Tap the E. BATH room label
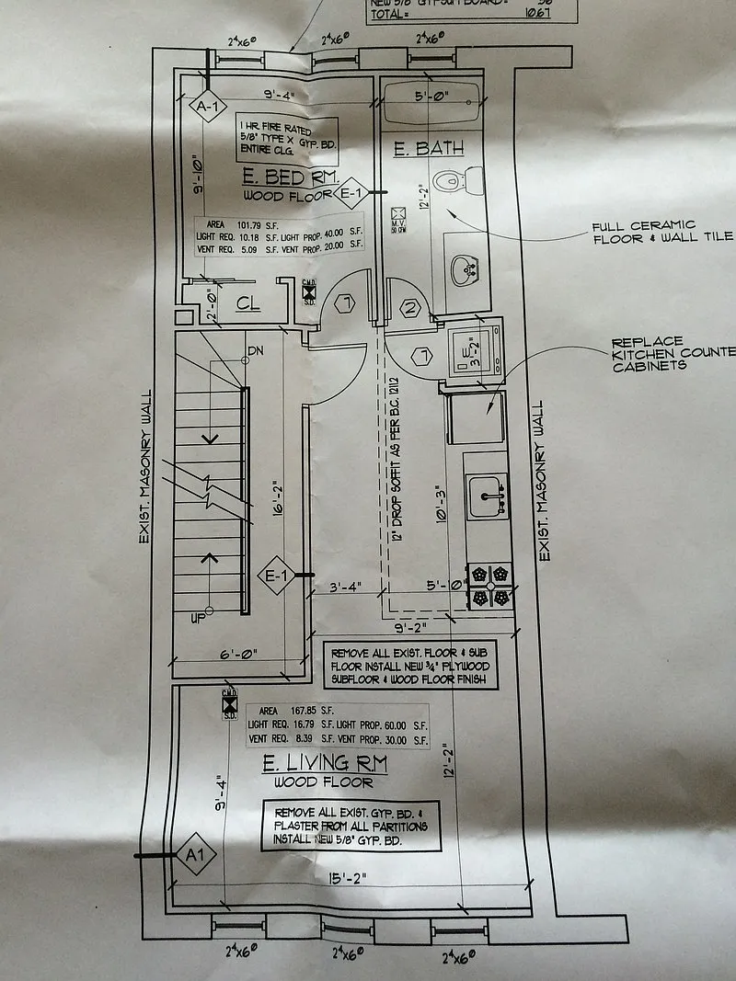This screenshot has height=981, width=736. coord(427,149)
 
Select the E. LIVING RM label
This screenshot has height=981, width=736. coord(324,762)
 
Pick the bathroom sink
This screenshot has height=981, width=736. coord(466,269)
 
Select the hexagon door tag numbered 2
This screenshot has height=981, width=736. coord(410,309)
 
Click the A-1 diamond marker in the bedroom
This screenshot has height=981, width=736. coord(208,107)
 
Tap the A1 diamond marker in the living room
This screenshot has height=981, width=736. coord(192,857)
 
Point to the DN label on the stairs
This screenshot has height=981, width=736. coord(257,351)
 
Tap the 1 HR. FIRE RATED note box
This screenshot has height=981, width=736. coord(286,136)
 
